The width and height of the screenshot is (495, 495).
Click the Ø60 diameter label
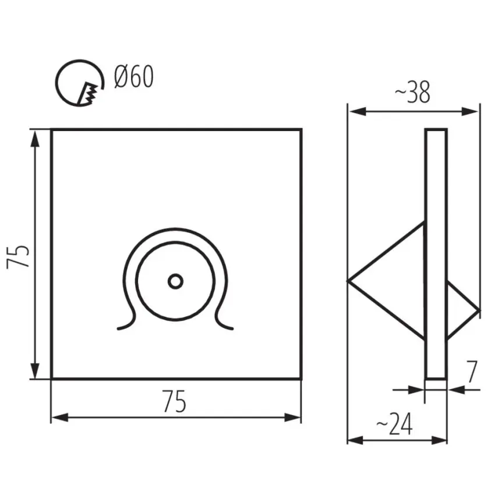click(x=134, y=77)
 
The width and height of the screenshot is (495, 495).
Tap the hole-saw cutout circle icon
click(x=80, y=83)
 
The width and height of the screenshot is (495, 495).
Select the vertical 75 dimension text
click(x=18, y=256)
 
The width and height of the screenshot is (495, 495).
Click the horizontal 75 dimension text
click(x=175, y=401)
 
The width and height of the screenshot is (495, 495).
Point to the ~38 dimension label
click(x=412, y=92)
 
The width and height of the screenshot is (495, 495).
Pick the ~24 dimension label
click(x=394, y=424)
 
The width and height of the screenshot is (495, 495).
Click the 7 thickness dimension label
click(x=472, y=372)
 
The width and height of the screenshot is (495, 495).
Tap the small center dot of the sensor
click(x=175, y=281)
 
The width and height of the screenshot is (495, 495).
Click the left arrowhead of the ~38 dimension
click(x=357, y=111)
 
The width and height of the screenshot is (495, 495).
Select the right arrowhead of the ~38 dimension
click(x=470, y=111)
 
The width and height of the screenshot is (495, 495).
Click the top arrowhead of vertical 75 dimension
click(x=35, y=139)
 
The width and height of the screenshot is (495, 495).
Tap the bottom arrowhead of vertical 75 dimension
click(x=35, y=369)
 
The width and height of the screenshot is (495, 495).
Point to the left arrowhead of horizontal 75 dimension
click(x=61, y=418)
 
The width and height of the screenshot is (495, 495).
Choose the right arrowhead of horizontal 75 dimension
click(x=292, y=418)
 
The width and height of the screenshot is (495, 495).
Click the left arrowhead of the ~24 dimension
click(x=356, y=440)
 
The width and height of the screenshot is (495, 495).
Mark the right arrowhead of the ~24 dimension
click(x=439, y=440)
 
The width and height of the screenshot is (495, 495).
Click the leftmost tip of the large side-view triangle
click(x=348, y=281)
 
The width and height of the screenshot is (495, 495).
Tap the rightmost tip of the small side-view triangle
click(x=480, y=311)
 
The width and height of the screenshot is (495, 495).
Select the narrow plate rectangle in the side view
click(x=436, y=254)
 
